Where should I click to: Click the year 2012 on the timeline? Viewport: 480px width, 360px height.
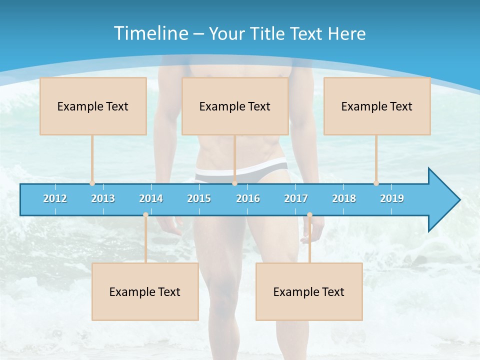pyautogui.click(x=55, y=198)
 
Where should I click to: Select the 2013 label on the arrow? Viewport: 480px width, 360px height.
pyautogui.click(x=103, y=198)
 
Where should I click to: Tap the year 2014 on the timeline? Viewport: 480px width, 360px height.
pyautogui.click(x=151, y=198)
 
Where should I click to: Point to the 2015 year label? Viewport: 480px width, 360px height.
pyautogui.click(x=199, y=198)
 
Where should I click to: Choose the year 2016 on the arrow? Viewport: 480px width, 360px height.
pyautogui.click(x=248, y=198)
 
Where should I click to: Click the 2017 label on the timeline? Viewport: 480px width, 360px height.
pyautogui.click(x=296, y=198)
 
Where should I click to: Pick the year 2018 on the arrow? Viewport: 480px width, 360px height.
pyautogui.click(x=344, y=198)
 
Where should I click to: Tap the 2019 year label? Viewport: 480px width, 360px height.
pyautogui.click(x=392, y=198)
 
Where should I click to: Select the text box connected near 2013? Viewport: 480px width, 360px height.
pyautogui.click(x=93, y=106)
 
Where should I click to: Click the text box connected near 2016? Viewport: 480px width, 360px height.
pyautogui.click(x=235, y=106)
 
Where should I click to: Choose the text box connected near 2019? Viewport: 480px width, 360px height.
pyautogui.click(x=377, y=106)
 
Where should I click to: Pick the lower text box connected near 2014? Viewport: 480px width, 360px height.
pyautogui.click(x=145, y=291)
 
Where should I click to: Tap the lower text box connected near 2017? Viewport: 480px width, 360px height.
pyautogui.click(x=309, y=291)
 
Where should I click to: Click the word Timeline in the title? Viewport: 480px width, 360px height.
pyautogui.click(x=150, y=33)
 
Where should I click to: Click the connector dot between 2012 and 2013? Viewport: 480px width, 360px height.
pyautogui.click(x=92, y=183)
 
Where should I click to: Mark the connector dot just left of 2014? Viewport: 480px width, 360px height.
pyautogui.click(x=145, y=214)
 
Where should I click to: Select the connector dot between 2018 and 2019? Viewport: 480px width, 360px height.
pyautogui.click(x=376, y=183)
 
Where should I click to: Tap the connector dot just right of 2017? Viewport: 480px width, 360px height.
pyautogui.click(x=309, y=214)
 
